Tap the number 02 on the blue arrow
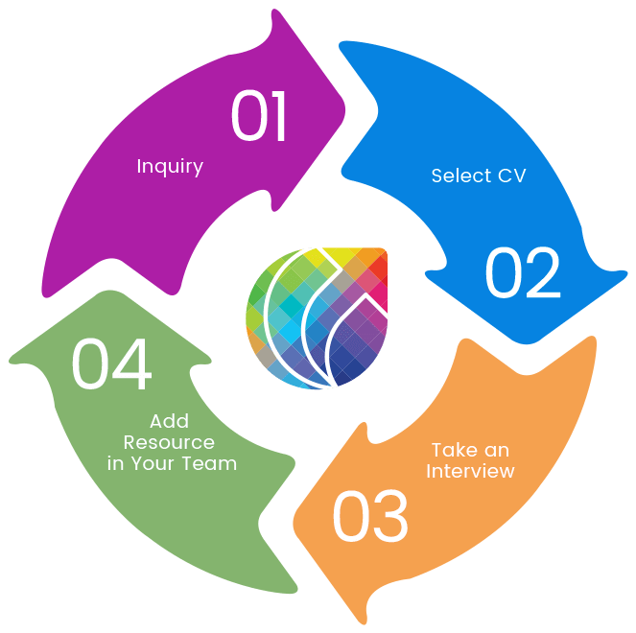click(522, 273)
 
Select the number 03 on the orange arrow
click(369, 517)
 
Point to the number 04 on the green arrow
click(111, 364)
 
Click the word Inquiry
click(170, 166)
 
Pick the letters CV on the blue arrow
click(510, 176)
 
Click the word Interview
click(470, 471)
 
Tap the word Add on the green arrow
click(170, 421)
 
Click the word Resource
click(169, 442)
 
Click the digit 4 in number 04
click(132, 364)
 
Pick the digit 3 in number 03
click(389, 517)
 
